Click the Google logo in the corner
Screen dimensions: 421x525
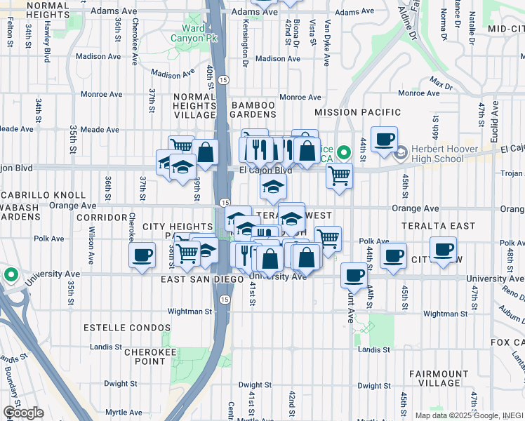[23, 413]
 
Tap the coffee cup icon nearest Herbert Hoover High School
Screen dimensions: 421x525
[384, 138]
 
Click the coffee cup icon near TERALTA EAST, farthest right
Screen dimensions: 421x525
[443, 249]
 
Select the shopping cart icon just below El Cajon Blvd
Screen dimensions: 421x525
[339, 175]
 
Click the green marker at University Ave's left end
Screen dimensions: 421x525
[10, 274]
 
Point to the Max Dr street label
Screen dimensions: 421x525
[440, 86]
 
